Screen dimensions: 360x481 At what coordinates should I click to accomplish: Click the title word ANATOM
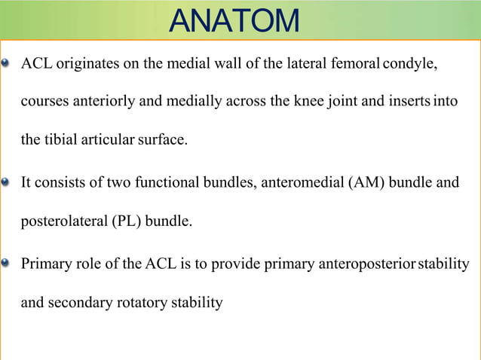(234, 20)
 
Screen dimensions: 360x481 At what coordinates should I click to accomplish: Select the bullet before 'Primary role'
(7, 264)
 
